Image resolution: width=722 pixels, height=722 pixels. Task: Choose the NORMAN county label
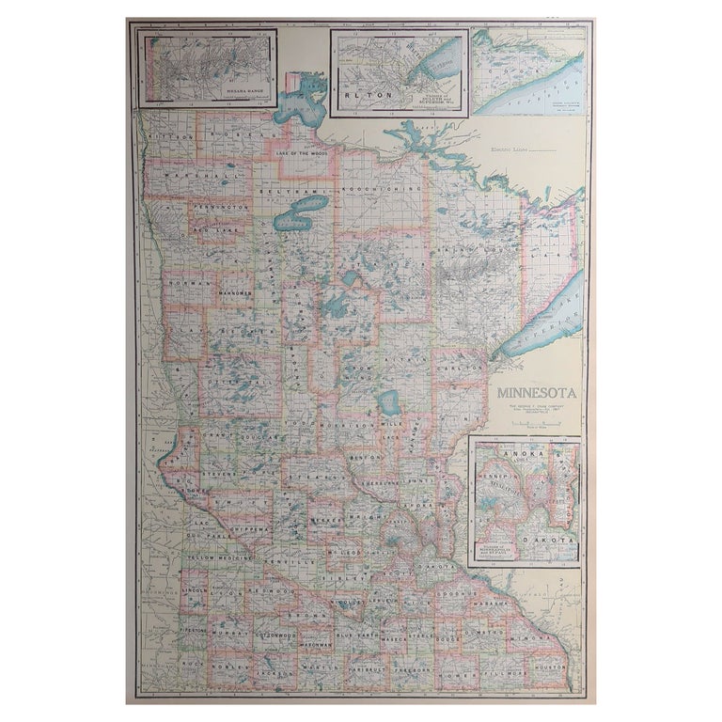[187, 279]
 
